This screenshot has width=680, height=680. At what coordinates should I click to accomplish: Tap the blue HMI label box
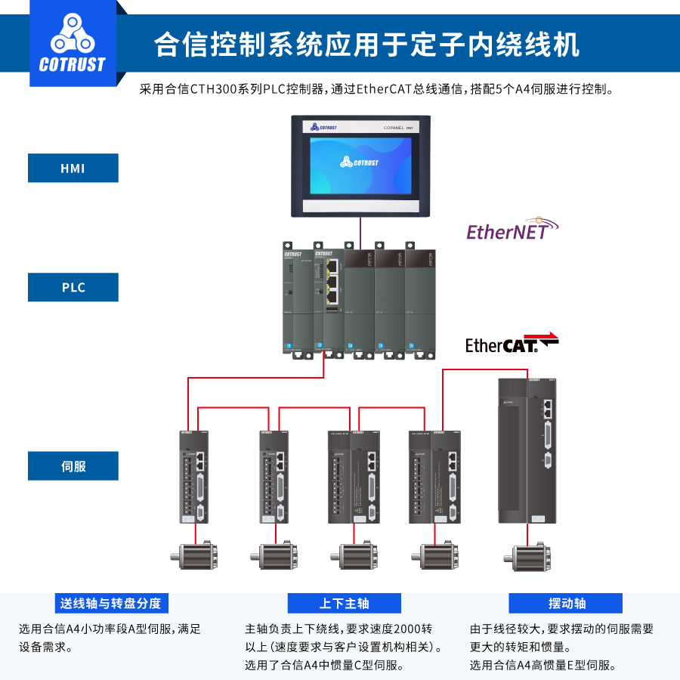pyautogui.click(x=73, y=168)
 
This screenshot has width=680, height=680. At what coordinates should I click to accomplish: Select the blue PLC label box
pyautogui.click(x=73, y=287)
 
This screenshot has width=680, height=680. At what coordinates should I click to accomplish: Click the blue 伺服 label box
pyautogui.click(x=73, y=466)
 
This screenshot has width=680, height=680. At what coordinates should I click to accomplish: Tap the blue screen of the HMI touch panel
pyautogui.click(x=360, y=164)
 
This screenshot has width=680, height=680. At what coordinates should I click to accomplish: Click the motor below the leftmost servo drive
pyautogui.click(x=195, y=558)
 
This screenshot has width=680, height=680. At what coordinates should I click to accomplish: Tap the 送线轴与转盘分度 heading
pyautogui.click(x=111, y=603)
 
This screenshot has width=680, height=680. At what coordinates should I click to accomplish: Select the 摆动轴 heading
pyautogui.click(x=566, y=603)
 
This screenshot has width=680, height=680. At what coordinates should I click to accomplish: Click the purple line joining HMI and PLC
pyautogui.click(x=360, y=229)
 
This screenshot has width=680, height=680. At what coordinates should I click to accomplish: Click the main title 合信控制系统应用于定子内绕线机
pyautogui.click(x=366, y=45)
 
